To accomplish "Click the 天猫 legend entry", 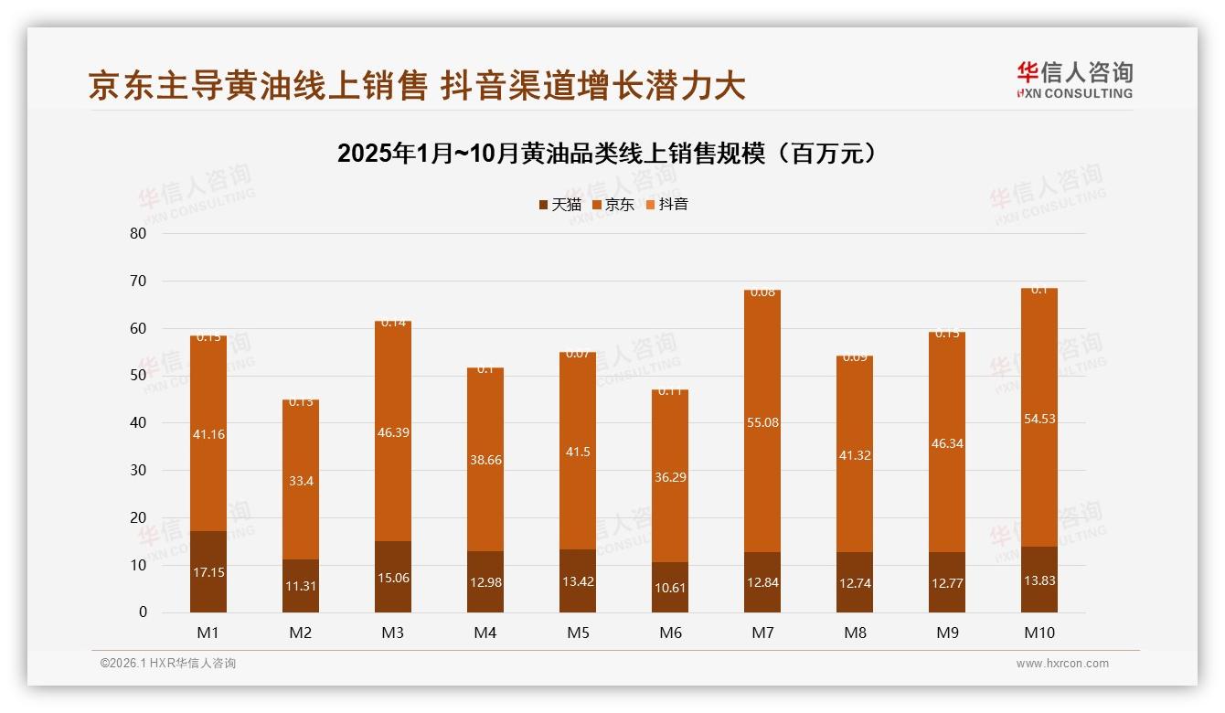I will point(559,205).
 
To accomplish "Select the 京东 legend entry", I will point(612,205).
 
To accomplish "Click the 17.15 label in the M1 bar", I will point(208,572).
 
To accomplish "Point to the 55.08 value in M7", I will point(762,422).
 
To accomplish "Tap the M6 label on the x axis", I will point(670,633).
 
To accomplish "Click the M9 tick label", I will point(947,633).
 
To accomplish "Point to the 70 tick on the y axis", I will point(138,281).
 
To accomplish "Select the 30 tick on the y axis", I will point(138,470).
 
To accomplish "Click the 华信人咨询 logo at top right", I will point(1075,80).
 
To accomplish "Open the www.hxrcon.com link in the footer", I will point(1062,664).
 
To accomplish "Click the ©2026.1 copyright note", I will point(167,664).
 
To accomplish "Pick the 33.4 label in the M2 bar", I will point(301,481).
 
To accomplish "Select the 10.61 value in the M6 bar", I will point(670,588).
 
